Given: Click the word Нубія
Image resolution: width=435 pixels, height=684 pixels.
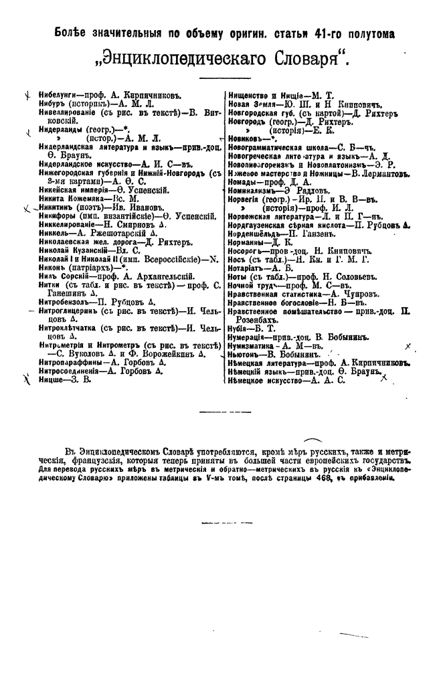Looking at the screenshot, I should (238, 329).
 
